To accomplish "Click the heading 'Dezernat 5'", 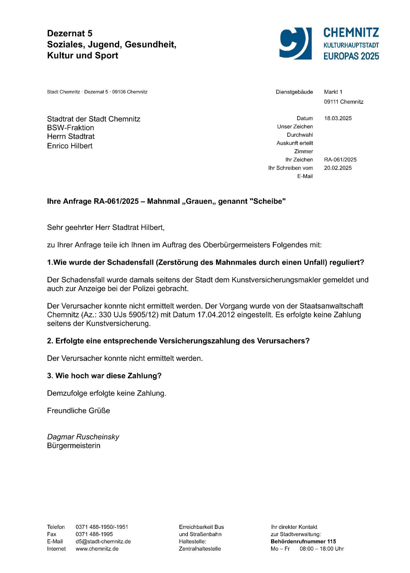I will [x=70, y=33].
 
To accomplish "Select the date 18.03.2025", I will [x=338, y=118].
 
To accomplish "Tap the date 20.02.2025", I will [x=338, y=168].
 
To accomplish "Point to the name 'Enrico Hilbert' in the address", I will [x=70, y=146].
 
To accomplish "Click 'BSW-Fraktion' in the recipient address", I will [x=71, y=128].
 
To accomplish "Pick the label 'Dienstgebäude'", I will [x=294, y=92].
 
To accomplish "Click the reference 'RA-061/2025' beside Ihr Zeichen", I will [x=340, y=160].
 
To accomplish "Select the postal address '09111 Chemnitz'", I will [x=343, y=102].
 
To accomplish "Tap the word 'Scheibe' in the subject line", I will [x=268, y=201].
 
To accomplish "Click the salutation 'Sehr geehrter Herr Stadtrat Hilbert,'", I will [x=106, y=227].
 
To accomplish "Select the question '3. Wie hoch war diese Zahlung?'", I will [x=104, y=376].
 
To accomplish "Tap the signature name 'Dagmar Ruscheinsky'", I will [x=83, y=437].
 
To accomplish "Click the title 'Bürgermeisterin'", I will [x=74, y=446].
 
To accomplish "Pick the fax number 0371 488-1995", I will [x=94, y=534].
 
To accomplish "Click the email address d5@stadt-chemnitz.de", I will [x=103, y=541].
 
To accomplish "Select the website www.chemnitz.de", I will [x=97, y=549].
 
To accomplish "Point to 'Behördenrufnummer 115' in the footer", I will [x=303, y=541].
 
